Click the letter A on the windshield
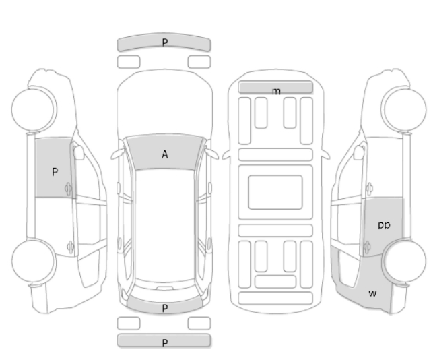tap(164, 154)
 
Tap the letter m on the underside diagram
tap(276, 91)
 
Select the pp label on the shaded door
tap(384, 225)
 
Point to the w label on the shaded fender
tap(372, 293)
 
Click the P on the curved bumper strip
tap(164, 42)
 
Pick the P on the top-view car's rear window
tap(164, 308)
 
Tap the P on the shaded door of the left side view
tap(55, 172)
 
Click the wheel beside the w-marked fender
tap(404, 261)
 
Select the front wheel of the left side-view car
tap(34, 109)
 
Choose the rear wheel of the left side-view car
tap(34, 261)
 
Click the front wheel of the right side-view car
tap(403, 109)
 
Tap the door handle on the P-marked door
tap(68, 189)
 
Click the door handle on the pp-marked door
tap(366, 247)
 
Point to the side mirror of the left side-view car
tap(79, 152)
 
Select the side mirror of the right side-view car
tap(359, 152)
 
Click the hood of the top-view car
tap(164, 104)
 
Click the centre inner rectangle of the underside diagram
tap(275, 192)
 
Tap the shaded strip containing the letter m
tap(275, 87)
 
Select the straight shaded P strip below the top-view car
tap(164, 340)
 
